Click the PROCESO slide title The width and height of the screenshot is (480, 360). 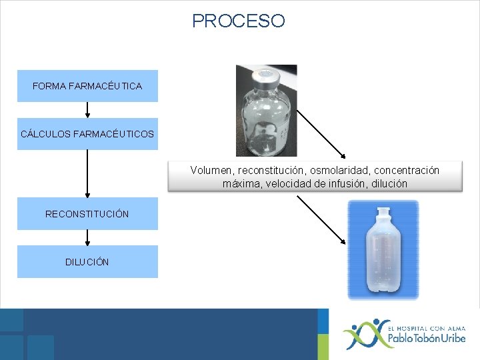[238, 21]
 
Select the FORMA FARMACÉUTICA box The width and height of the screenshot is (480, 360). [87, 86]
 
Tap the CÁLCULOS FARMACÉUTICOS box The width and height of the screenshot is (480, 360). [87, 134]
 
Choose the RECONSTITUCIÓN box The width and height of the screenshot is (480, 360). [87, 214]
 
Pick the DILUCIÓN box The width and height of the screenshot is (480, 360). [87, 262]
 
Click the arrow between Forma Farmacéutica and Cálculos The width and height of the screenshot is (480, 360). [87, 110]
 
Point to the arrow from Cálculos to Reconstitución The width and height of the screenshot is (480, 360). [87, 173]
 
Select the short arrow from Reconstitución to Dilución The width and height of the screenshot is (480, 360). [87, 238]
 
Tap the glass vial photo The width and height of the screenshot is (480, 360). [265, 113]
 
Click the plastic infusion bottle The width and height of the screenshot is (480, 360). [383, 257]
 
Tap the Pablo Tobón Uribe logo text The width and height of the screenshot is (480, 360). [427, 339]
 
